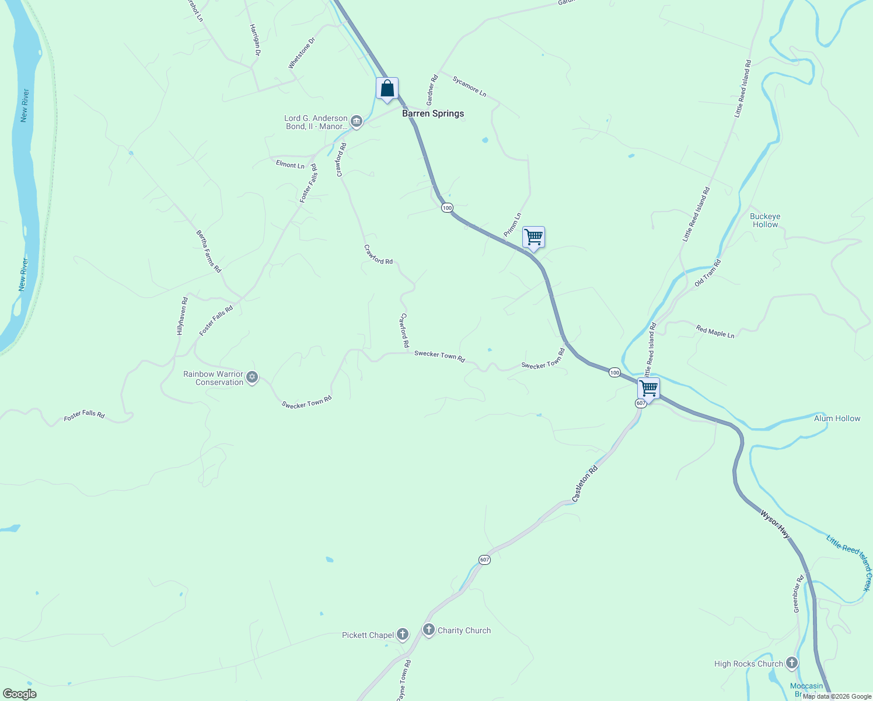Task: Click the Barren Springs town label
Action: pos(433,113)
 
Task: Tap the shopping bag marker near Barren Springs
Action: pos(387,89)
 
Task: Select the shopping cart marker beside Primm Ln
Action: pos(533,238)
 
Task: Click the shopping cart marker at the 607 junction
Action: pos(648,388)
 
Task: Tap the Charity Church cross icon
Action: pos(429,630)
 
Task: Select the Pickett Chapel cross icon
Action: pos(402,634)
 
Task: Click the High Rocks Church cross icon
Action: pos(791,663)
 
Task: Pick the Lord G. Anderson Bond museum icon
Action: pos(357,122)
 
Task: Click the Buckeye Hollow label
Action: pos(765,220)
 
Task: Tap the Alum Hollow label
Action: pos(837,418)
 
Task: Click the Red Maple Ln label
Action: pos(715,332)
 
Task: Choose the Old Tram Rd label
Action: pos(708,273)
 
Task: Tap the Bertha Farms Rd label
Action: pos(209,251)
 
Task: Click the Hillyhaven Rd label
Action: pos(182,316)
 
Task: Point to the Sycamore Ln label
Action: pos(469,86)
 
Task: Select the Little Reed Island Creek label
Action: pos(849,562)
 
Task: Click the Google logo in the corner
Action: pos(19,694)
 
